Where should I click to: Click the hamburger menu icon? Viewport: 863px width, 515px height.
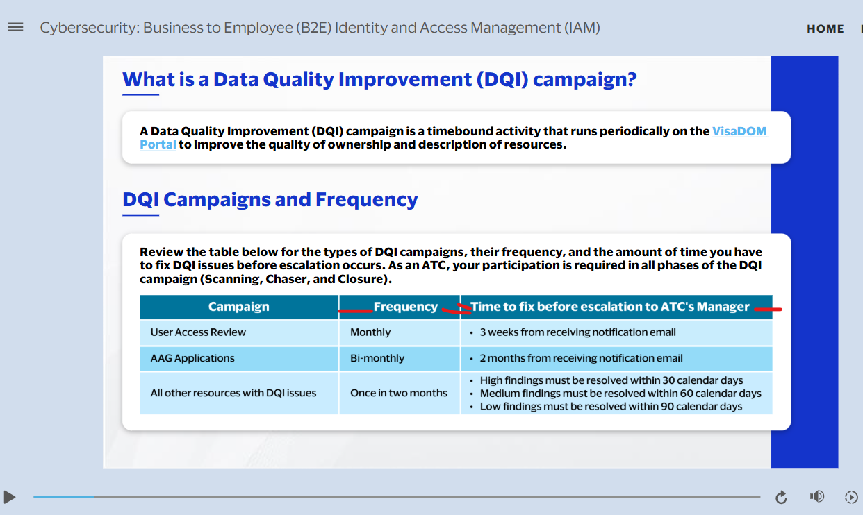point(16,27)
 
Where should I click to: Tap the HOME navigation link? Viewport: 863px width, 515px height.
point(825,29)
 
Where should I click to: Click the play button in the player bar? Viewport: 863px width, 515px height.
point(10,497)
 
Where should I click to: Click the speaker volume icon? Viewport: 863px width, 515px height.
point(816,496)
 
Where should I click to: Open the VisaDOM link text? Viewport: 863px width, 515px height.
point(739,131)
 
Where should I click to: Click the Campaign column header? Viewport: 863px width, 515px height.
point(239,307)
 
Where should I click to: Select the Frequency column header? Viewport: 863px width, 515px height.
point(406,307)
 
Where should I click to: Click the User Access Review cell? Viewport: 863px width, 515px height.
point(198,332)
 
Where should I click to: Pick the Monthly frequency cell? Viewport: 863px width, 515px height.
point(370,332)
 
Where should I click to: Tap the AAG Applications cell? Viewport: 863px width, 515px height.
point(192,358)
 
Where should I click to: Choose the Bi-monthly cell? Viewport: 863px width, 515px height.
point(377,358)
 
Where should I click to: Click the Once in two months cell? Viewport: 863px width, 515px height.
point(399,393)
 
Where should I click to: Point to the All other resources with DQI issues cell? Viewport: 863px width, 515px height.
point(233,393)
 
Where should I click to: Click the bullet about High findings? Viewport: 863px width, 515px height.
point(611,380)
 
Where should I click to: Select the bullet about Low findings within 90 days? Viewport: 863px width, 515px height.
point(611,407)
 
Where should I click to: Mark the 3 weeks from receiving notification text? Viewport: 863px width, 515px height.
point(577,332)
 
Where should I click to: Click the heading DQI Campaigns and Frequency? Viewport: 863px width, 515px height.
point(270,199)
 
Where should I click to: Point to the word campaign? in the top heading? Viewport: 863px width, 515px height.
point(584,80)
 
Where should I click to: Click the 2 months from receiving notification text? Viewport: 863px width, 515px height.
point(581,358)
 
